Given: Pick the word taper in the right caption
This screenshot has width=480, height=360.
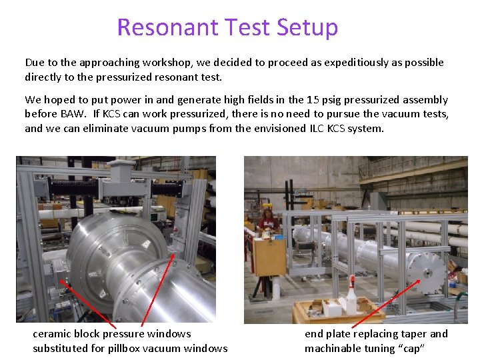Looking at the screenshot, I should (413, 334).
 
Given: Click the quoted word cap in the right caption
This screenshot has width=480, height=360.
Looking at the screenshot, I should (409, 348).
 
